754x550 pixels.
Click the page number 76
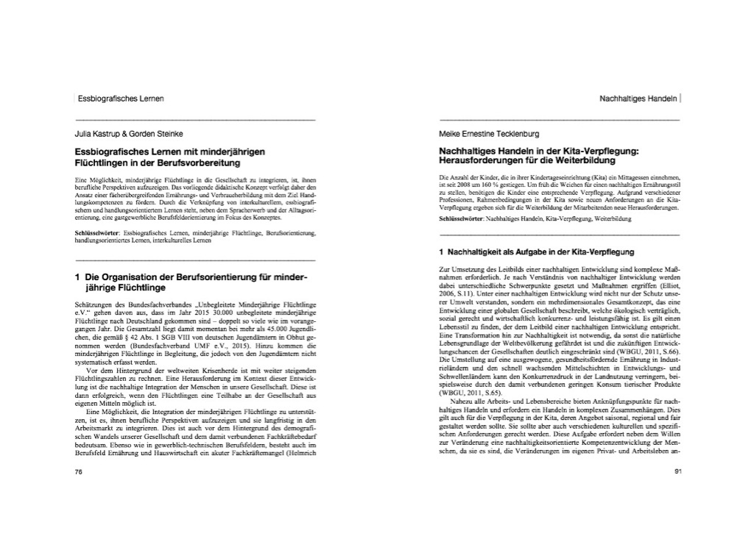point(78,472)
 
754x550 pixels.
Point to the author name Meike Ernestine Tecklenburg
point(488,135)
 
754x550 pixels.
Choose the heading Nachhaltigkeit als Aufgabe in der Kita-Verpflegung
point(541,253)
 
